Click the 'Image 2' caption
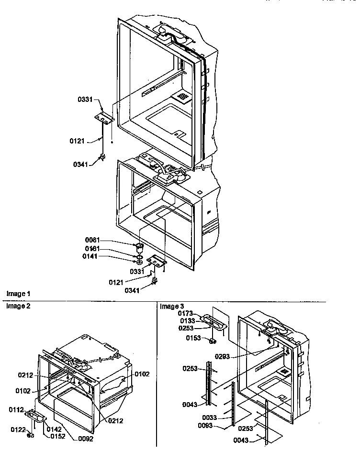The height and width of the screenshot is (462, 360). [x=18, y=307]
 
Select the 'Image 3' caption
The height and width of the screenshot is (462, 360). [x=172, y=307]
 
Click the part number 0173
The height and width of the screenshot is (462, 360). [x=186, y=313]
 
